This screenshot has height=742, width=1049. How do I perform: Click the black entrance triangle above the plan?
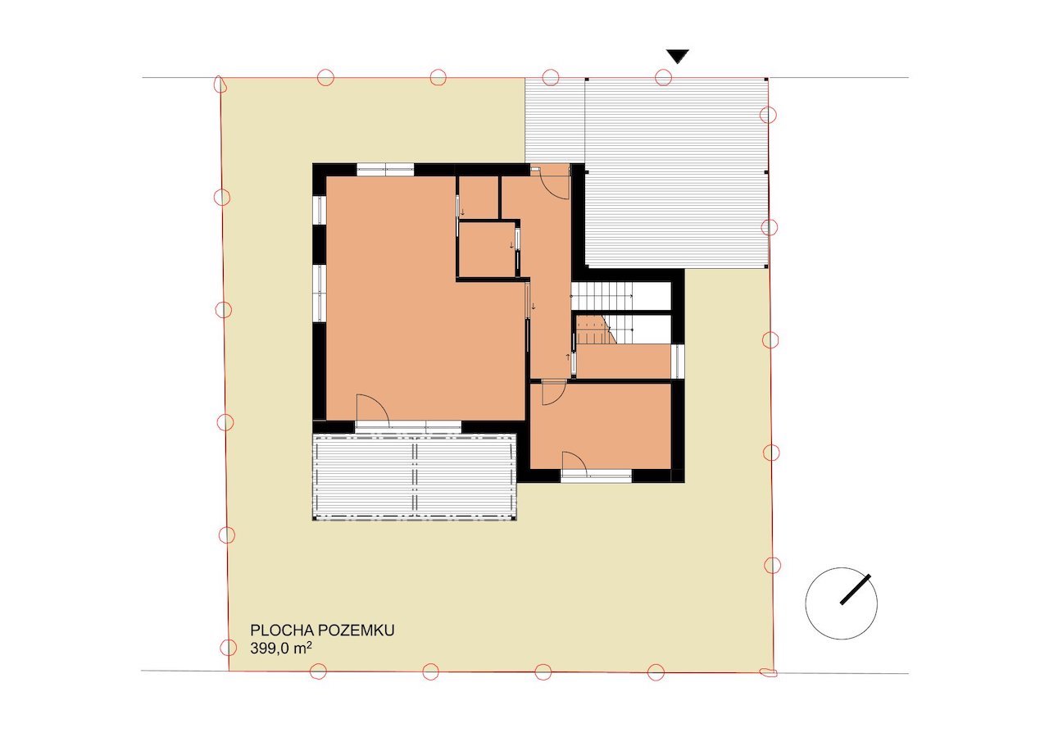(678, 56)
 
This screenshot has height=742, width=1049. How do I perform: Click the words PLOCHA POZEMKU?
(322, 630)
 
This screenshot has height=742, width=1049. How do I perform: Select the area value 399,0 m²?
(281, 649)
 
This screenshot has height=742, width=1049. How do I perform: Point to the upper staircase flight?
(602, 296)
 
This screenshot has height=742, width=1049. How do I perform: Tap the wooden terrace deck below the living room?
(415, 477)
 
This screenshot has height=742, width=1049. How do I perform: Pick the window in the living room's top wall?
(385, 169)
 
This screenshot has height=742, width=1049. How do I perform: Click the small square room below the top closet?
(487, 250)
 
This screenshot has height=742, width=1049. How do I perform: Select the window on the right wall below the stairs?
(678, 362)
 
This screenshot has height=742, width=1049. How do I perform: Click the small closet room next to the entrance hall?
(478, 198)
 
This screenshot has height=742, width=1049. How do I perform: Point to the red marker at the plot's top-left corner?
(219, 84)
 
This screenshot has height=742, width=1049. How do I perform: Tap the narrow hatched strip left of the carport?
(555, 121)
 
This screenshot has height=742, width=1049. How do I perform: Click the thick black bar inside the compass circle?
(855, 590)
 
